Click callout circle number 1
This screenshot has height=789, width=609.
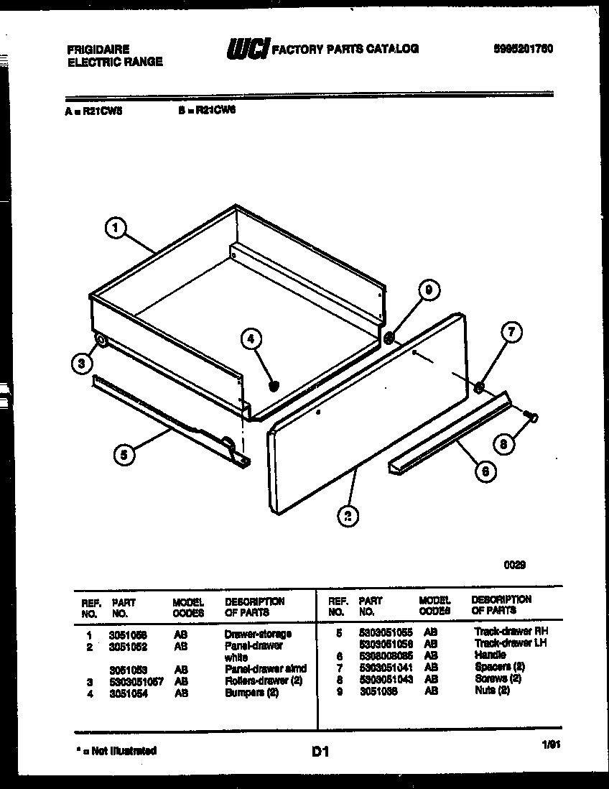[116, 229]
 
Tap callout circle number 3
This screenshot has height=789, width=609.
[83, 364]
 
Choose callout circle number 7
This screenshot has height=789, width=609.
[511, 333]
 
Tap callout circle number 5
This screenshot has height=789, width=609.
[124, 454]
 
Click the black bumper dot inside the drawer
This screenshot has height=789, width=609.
[273, 387]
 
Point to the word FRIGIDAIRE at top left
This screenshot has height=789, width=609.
[98, 50]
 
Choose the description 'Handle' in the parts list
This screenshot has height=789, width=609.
[490, 655]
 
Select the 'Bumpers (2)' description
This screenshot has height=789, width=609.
[251, 693]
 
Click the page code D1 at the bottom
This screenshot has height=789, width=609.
[320, 752]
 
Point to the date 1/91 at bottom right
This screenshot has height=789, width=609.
[551, 747]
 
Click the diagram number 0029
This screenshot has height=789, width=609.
[514, 565]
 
